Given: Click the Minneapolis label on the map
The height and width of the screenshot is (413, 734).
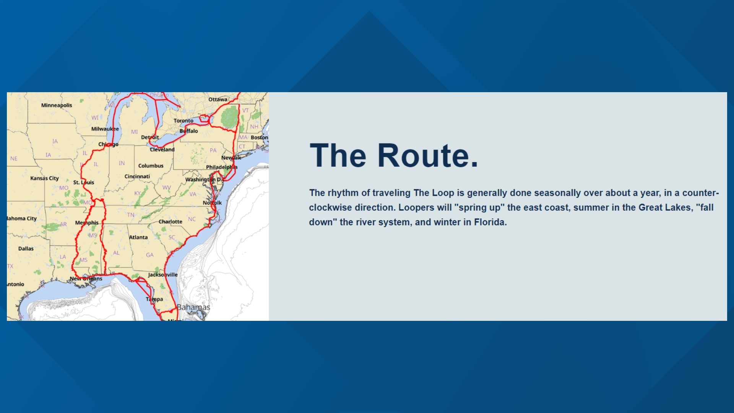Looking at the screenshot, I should tap(57, 105).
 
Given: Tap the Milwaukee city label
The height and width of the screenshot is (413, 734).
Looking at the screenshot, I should tap(105, 129).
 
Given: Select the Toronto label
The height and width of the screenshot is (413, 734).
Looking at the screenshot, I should tap(183, 120).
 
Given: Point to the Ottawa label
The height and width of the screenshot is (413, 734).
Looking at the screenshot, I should tap(218, 99).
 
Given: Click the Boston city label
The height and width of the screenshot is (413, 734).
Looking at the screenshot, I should tap(259, 137).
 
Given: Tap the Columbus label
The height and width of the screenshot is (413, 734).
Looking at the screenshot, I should tap(151, 166).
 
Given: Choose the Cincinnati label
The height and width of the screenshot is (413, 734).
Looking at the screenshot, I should tap(137, 176).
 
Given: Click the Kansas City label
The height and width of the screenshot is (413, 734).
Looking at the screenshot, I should tap(44, 178).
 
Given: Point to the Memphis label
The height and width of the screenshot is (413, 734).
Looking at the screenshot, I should tap(87, 223).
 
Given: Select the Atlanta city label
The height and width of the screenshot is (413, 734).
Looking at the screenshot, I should tap(138, 237).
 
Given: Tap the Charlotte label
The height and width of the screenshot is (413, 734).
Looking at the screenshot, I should tap(171, 221).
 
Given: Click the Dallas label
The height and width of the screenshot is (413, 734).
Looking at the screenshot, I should tap(26, 249).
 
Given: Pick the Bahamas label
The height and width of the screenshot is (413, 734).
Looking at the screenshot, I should tap(193, 307).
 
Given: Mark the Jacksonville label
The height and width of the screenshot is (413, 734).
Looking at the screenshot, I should tap(163, 275).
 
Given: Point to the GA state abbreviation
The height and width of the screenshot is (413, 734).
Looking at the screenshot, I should tap(149, 255).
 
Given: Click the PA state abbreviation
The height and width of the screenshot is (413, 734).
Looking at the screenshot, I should tap(213, 150).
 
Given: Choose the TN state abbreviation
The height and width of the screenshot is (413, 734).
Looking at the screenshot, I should tap(131, 215).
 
